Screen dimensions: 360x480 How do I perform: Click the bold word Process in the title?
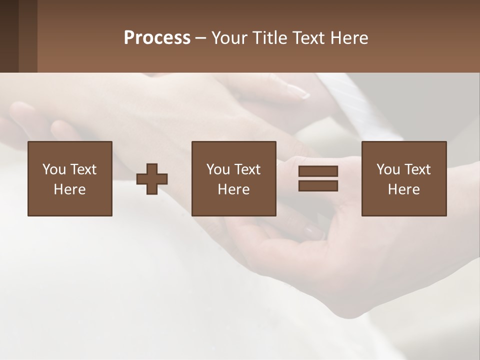[x=157, y=38]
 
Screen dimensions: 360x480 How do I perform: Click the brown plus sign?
[x=152, y=179]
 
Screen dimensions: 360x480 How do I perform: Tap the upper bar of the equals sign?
[x=318, y=171]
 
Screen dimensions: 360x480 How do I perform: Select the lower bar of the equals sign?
[x=318, y=186]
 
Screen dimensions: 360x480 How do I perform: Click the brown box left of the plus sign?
[x=69, y=178]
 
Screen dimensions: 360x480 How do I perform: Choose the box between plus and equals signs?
[x=233, y=178]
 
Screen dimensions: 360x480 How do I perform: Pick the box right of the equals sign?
[x=403, y=178]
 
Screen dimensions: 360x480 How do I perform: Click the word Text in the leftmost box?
[x=83, y=169]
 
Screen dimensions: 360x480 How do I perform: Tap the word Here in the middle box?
[x=233, y=189]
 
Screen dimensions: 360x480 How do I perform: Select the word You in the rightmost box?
[x=388, y=169]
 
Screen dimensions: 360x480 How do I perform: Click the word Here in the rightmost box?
[x=403, y=189]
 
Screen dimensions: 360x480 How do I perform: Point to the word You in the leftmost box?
[x=54, y=169]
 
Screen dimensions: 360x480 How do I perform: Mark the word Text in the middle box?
[x=247, y=169]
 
